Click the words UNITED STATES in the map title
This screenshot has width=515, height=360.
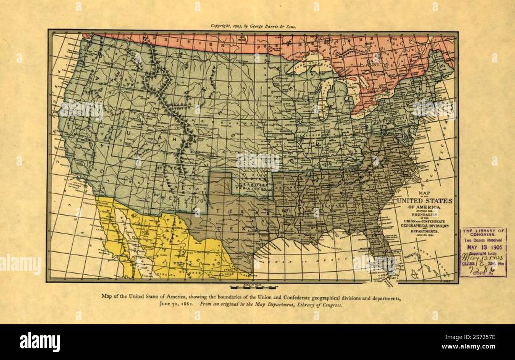point(425,201)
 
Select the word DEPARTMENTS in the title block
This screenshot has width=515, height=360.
point(425,231)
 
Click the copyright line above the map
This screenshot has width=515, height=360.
point(253,26)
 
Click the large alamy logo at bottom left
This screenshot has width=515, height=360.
point(40,342)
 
